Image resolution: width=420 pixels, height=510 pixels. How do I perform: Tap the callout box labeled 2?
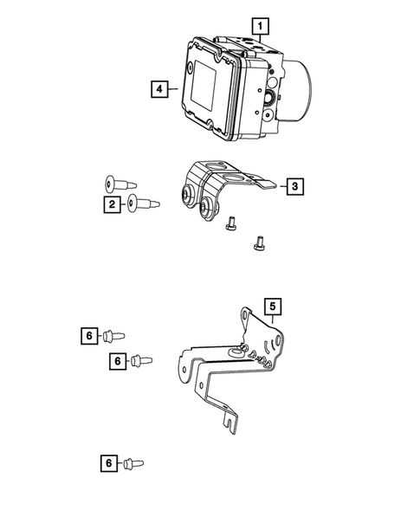[x=112, y=204]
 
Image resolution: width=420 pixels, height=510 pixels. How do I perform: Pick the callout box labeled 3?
[x=294, y=185]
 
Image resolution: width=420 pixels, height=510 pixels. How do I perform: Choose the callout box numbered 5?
[x=272, y=306]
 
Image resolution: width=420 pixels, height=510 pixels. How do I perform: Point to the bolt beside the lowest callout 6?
[x=132, y=464]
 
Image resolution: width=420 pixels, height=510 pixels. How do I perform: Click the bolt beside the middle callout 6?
[x=140, y=359]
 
